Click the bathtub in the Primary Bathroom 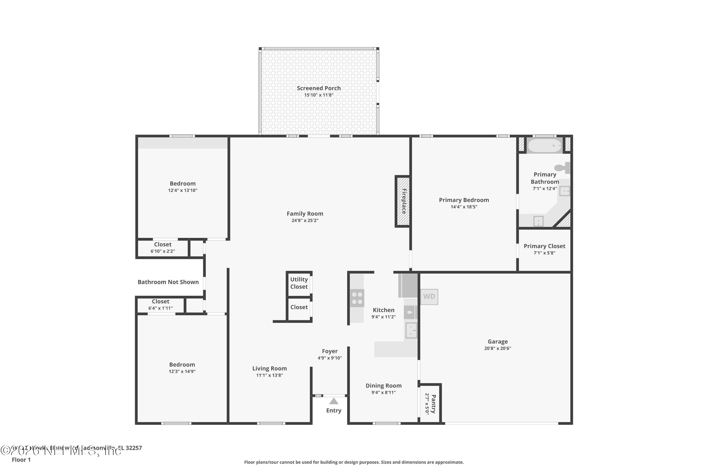point(544,146)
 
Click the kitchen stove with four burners point(357,298)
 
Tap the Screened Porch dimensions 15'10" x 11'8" point(319,95)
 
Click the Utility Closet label point(299,283)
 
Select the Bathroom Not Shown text point(168,282)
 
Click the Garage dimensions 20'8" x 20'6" point(497,348)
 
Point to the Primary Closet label point(544,246)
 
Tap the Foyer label point(330,351)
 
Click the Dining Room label point(383,386)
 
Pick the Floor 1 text point(21,460)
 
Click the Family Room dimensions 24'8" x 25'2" point(305,220)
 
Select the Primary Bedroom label point(464,200)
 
